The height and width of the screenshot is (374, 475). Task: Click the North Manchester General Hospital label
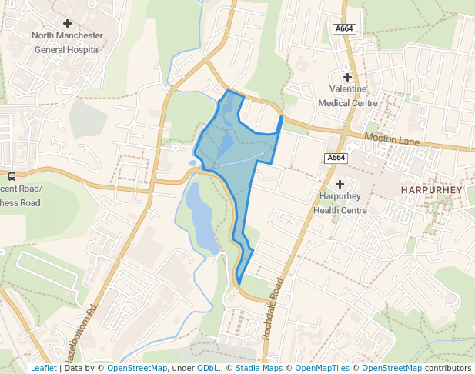(x=67, y=42)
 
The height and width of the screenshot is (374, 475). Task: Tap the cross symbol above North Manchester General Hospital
(x=67, y=23)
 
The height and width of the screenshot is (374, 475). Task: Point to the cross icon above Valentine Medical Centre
(x=347, y=77)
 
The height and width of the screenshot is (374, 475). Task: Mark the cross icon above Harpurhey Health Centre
(x=340, y=183)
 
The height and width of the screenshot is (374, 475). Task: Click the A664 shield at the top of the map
(x=344, y=28)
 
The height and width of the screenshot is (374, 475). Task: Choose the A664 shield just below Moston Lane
(x=336, y=158)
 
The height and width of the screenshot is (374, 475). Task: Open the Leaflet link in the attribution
(x=43, y=368)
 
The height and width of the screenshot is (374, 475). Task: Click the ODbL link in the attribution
(x=208, y=368)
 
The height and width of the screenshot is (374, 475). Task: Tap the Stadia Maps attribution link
(x=259, y=368)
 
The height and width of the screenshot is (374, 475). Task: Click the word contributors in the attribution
(x=448, y=368)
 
